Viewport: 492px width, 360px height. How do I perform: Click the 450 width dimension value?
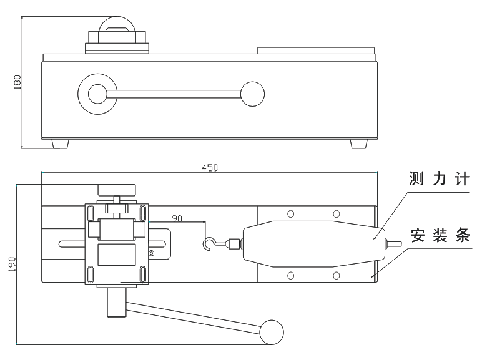(209, 168)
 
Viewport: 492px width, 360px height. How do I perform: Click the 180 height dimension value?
(17, 82)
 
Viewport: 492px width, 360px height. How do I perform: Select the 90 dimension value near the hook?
(177, 218)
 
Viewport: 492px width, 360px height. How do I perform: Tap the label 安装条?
(440, 237)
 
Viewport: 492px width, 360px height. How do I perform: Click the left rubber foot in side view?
(60, 144)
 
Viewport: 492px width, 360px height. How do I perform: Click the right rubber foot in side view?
(358, 144)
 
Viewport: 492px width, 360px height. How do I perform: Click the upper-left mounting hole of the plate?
(290, 214)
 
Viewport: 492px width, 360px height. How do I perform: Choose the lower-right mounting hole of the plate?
(337, 275)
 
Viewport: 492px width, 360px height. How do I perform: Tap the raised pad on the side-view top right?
(317, 49)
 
